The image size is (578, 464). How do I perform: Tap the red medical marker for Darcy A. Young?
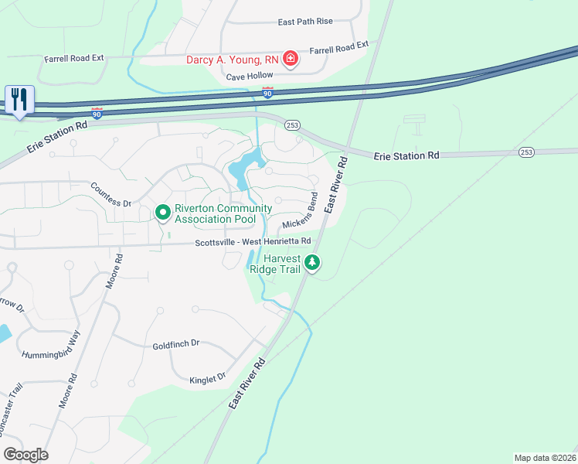[x=290, y=59]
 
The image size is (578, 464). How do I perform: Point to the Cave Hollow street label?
[x=251, y=77]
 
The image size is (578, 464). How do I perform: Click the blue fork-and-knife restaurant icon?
[x=19, y=99]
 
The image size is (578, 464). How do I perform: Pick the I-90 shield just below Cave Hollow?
[x=267, y=94]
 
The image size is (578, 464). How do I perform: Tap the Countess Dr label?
[x=110, y=194]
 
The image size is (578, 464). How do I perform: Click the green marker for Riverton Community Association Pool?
[x=163, y=212]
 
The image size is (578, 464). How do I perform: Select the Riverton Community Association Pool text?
[x=223, y=213]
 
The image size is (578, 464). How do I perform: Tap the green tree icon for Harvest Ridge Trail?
[x=311, y=263]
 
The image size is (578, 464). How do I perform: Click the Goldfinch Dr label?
[x=176, y=344]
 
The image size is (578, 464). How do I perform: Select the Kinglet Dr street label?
[x=207, y=377]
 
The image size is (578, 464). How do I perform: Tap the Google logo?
[x=25, y=455]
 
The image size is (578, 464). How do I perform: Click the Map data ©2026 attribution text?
[x=545, y=458]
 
